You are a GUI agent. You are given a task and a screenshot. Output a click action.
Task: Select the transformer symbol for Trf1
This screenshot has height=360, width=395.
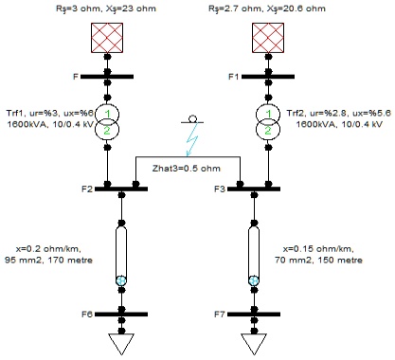click(x=108, y=122)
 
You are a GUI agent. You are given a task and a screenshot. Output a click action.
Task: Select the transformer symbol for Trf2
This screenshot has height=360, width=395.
click(x=253, y=122)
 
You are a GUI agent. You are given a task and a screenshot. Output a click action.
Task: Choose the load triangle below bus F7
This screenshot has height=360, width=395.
click(x=253, y=342)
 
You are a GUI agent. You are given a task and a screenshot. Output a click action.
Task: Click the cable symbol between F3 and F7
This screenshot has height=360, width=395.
click(x=253, y=251)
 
